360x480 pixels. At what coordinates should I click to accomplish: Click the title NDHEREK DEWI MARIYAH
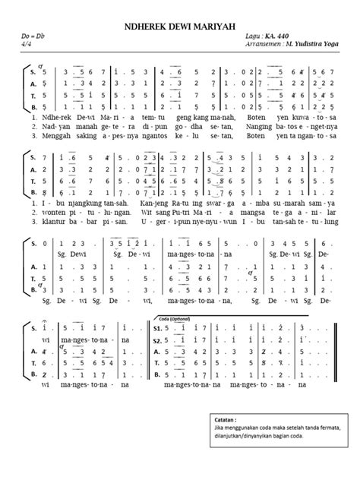point(180,25)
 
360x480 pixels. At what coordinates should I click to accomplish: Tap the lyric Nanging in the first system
point(261,129)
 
